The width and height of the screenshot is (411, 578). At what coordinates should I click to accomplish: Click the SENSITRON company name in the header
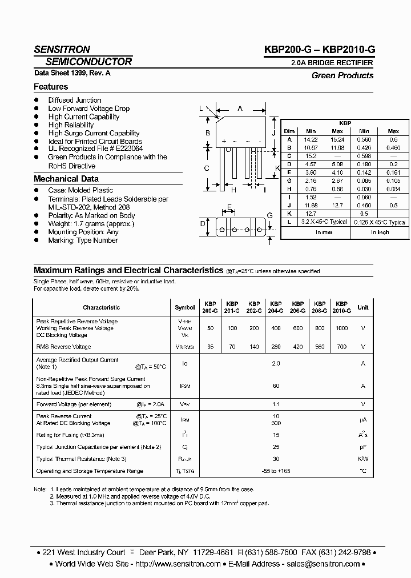point(62,50)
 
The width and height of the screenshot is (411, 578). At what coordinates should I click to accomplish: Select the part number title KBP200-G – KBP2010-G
point(318,50)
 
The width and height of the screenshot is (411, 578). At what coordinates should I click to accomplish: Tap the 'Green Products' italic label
point(342,75)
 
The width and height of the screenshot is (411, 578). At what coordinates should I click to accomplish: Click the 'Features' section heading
point(51,87)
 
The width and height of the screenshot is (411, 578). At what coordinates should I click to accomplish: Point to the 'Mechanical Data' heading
point(66,179)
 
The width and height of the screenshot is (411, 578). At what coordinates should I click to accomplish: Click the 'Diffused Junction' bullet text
point(75,100)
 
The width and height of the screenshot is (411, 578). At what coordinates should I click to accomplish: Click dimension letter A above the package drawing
point(240,109)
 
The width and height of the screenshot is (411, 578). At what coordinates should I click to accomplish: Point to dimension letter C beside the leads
point(207,168)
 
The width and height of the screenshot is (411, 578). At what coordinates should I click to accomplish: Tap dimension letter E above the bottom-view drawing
point(229,207)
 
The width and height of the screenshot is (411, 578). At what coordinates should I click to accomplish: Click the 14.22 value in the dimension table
point(311,139)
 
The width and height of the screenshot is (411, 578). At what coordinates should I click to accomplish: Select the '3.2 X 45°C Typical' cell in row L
point(324,222)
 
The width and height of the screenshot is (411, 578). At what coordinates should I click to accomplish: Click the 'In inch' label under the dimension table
point(380,232)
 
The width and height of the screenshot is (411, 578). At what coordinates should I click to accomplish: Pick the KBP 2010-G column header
point(341,307)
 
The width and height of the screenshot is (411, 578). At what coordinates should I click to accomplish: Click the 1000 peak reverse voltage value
point(341,328)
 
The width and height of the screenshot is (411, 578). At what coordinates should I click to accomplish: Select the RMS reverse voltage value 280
point(276,347)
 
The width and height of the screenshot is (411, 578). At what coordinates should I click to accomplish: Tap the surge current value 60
point(276,386)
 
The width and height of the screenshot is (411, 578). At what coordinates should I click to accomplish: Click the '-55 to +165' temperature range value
point(276,471)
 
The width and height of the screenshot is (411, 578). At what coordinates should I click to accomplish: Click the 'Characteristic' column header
point(101,307)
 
